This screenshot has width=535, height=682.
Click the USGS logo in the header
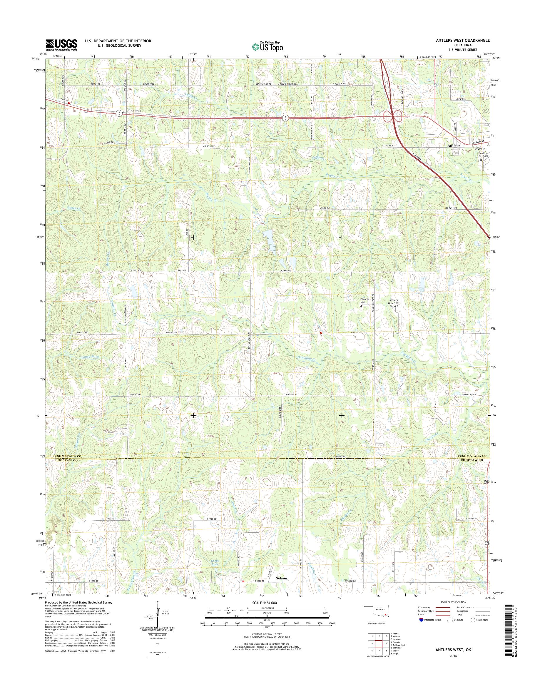tap(61, 45)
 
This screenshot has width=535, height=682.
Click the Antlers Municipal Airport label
tap(393, 303)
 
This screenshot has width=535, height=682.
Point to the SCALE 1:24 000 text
tap(265, 603)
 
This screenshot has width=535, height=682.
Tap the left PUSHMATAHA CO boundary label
tap(67, 456)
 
